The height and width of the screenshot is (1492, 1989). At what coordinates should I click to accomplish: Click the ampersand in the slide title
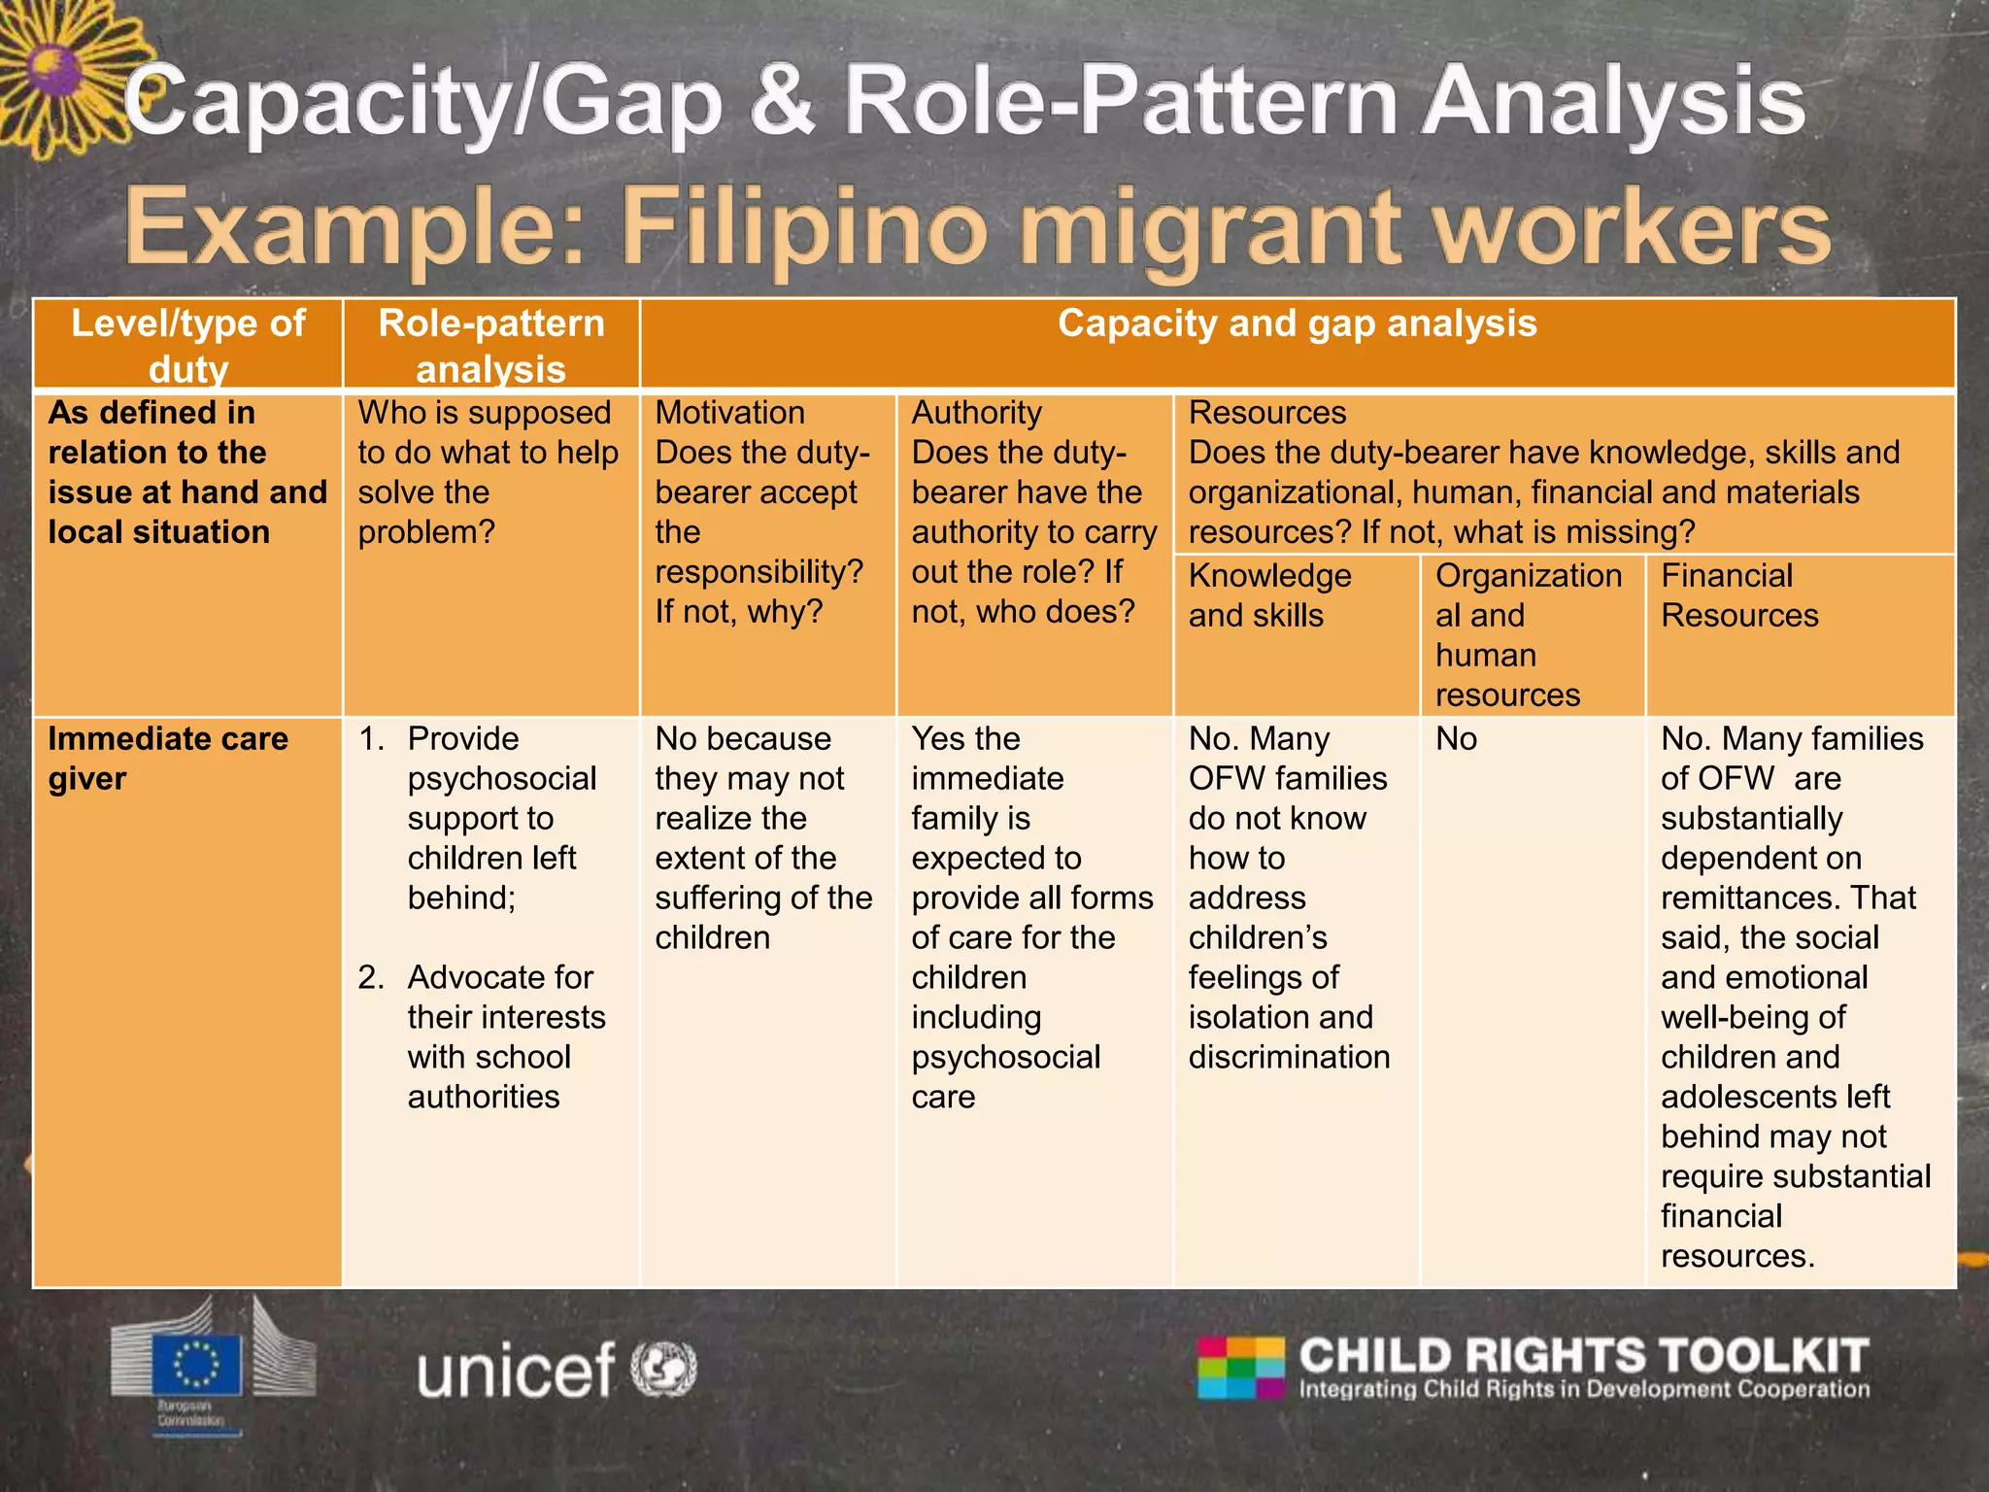tap(782, 102)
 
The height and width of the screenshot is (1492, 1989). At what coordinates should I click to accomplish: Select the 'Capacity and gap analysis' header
tap(1297, 323)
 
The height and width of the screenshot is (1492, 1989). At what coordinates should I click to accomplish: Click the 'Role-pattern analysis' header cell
tap(491, 345)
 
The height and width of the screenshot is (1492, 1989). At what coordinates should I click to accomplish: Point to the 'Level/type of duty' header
tap(188, 345)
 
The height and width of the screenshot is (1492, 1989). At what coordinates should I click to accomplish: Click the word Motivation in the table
tap(729, 413)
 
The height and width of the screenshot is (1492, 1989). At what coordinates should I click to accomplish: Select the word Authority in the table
tap(976, 413)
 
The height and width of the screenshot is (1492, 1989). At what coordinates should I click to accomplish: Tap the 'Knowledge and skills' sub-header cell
tap(1269, 595)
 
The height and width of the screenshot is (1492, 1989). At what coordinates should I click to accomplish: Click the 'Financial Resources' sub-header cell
tap(1739, 595)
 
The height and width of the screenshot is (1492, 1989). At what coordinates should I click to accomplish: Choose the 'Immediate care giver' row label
tap(168, 759)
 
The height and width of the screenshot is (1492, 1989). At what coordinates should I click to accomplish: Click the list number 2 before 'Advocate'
tap(371, 977)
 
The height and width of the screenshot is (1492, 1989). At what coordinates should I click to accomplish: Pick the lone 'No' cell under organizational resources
tap(1456, 739)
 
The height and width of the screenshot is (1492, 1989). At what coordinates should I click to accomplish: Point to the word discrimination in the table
tap(1289, 1057)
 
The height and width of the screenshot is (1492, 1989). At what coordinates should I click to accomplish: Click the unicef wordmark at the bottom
tap(516, 1371)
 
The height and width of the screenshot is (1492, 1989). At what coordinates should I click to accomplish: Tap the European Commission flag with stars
tap(197, 1362)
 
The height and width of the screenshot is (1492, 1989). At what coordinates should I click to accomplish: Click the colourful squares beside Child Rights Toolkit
tap(1241, 1368)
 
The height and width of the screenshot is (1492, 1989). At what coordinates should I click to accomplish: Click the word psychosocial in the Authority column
tap(1005, 1057)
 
